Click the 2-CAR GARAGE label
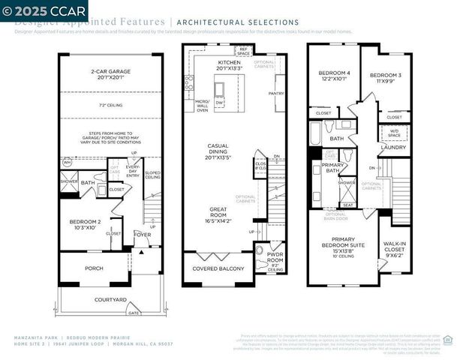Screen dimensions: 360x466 click(x=110, y=73)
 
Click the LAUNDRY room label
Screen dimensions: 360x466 click(x=393, y=147)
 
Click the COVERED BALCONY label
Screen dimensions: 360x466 click(x=218, y=268)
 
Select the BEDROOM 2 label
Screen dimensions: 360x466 click(x=85, y=223)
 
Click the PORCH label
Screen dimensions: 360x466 click(x=94, y=268)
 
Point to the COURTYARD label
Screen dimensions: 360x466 click(x=110, y=299)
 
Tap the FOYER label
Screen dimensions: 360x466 click(x=143, y=233)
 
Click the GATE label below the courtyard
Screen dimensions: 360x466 click(x=134, y=311)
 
